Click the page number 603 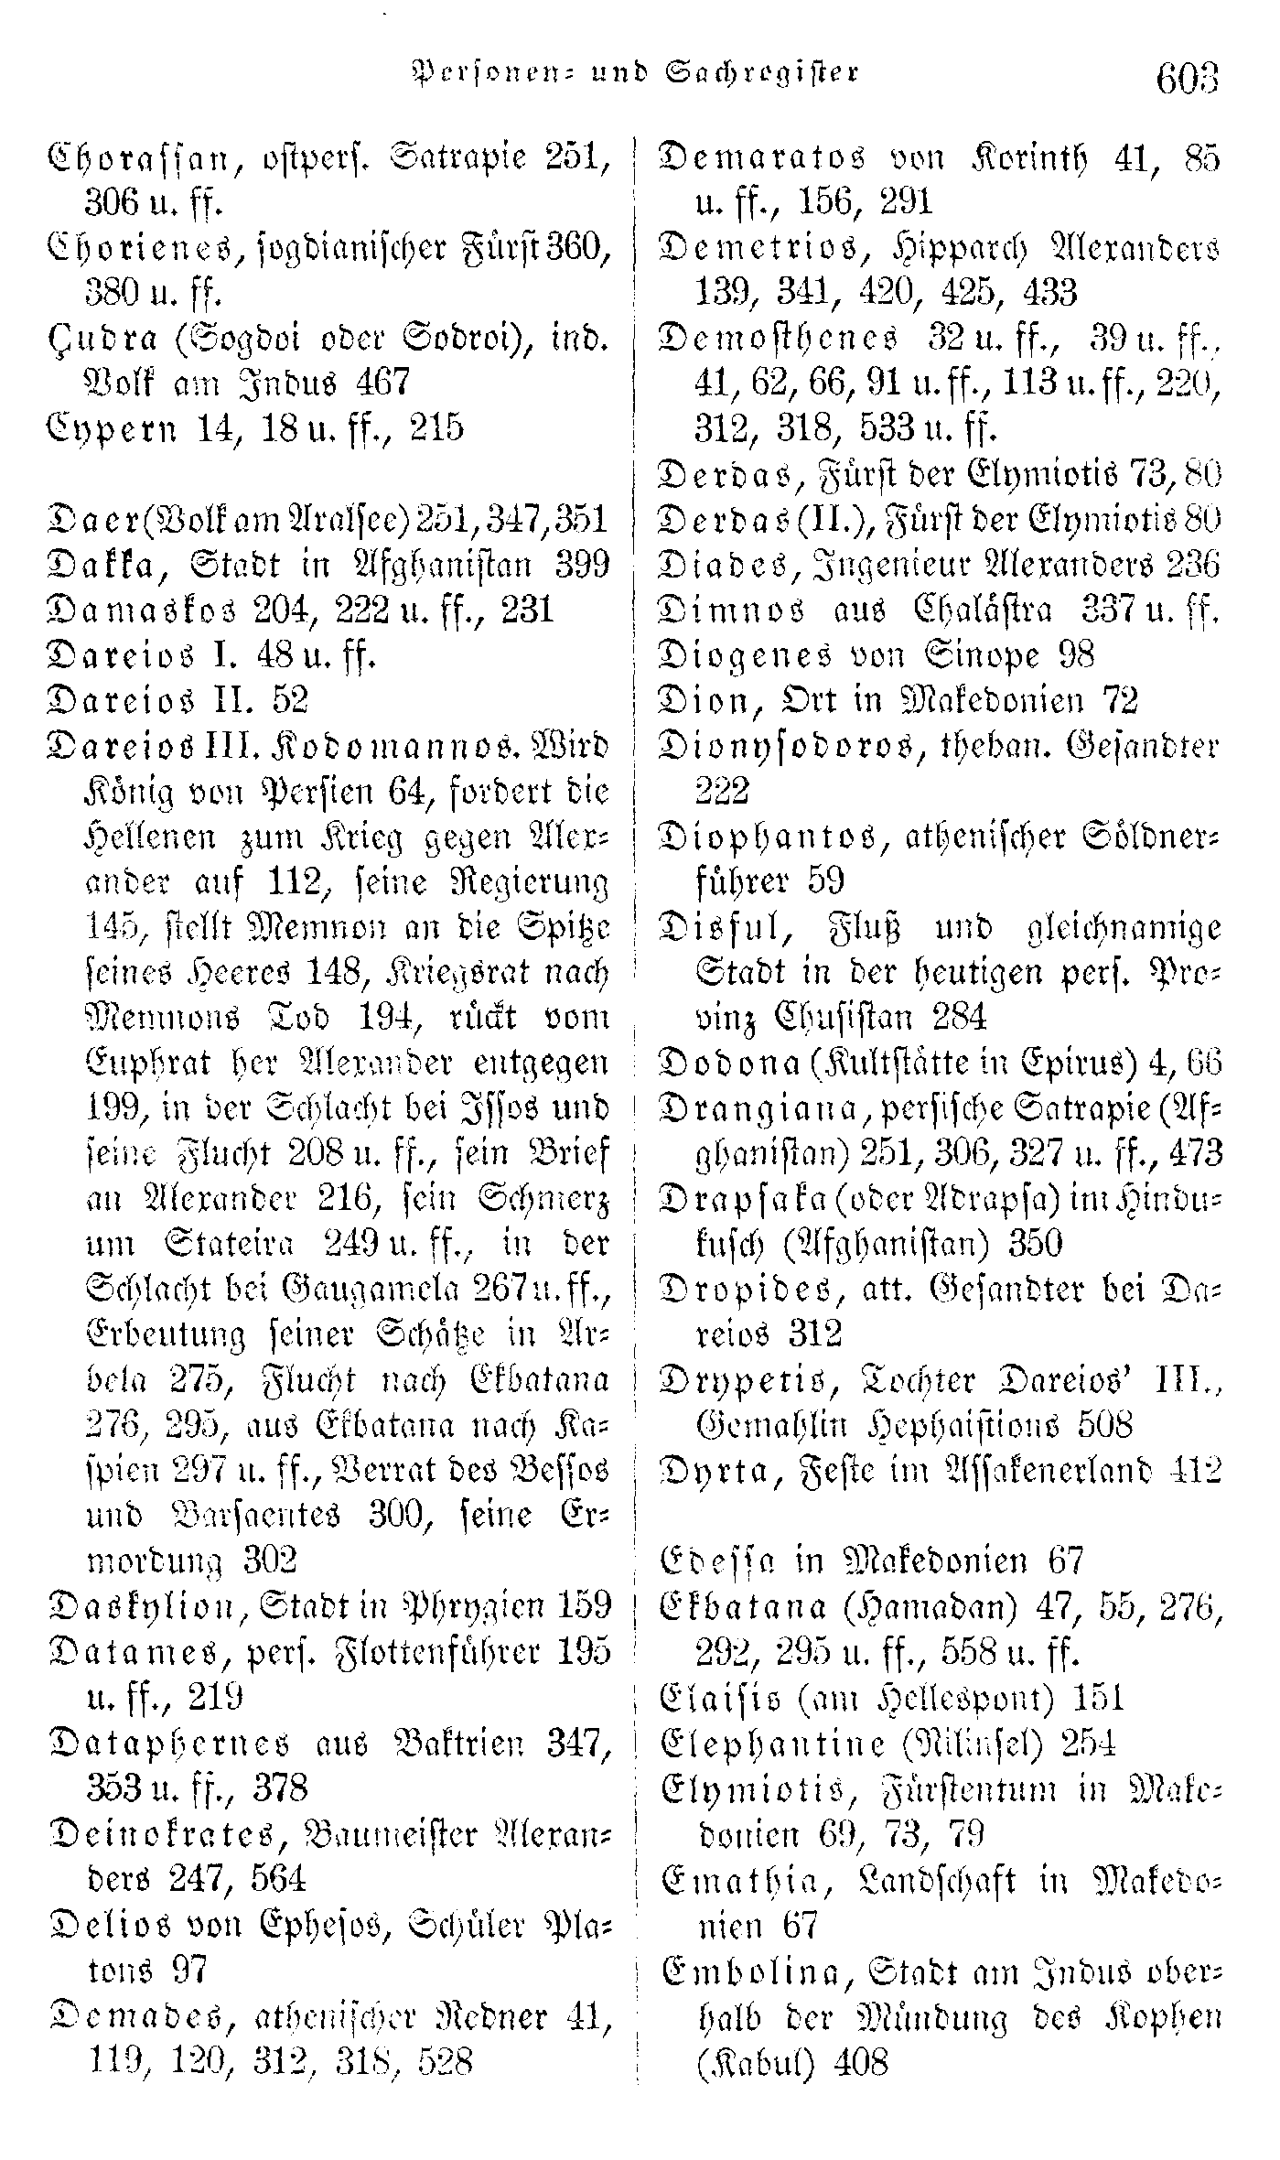tap(1188, 78)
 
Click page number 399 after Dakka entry tap(582, 566)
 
